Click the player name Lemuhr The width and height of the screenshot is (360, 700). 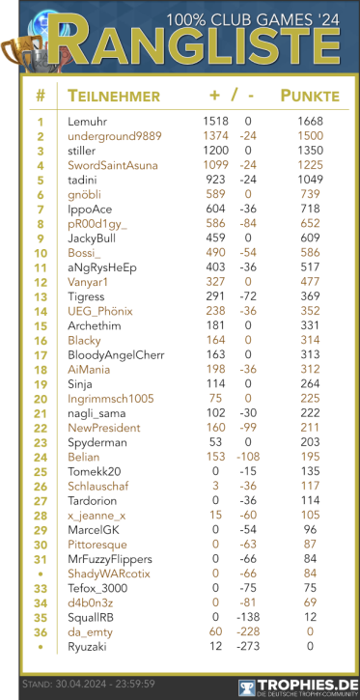pos(88,122)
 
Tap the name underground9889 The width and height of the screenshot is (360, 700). pos(115,136)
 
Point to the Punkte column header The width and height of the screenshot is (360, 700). pos(309,96)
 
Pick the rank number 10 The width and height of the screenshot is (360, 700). pos(41,252)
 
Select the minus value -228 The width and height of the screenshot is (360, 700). pos(248,631)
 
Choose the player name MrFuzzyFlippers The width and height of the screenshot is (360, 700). pos(110,558)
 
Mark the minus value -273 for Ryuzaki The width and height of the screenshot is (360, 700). pos(248,646)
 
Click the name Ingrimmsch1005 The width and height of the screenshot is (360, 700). pos(111,398)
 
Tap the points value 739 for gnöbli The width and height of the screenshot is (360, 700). pos(310,194)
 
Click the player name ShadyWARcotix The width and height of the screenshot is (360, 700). pos(109,573)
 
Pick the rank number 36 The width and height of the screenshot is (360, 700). pos(41,631)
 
